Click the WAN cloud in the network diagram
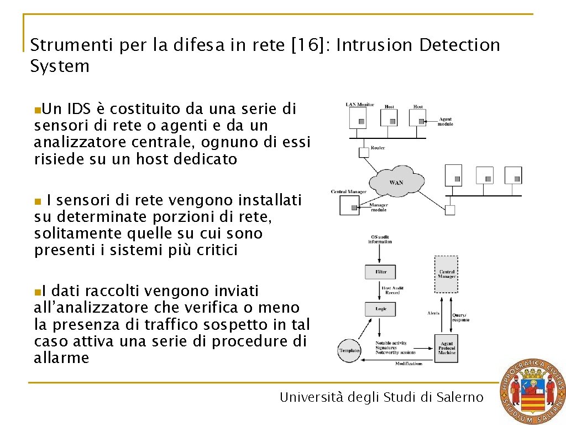tap(396, 182)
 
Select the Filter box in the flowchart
tap(380, 272)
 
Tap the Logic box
tap(380, 309)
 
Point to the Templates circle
tap(349, 351)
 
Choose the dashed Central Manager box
tap(446, 274)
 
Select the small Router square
tap(364, 152)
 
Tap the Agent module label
tap(446, 122)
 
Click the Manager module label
tap(379, 208)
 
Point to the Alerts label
tap(433, 313)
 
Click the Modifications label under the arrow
tap(408, 364)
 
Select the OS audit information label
tap(380, 239)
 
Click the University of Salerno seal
tap(532, 392)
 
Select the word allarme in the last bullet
tap(61, 358)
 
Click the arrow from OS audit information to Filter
tap(380, 254)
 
